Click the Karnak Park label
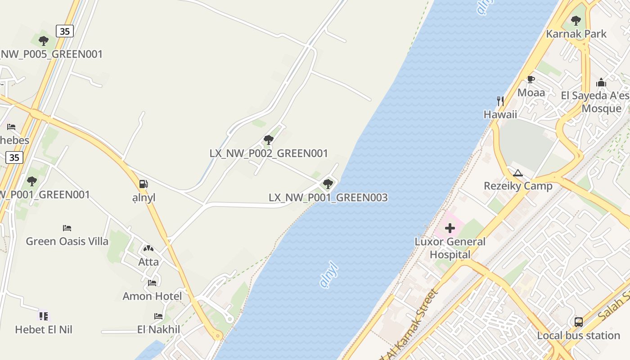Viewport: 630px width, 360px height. tap(576, 34)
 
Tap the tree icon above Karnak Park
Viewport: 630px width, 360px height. tap(576, 21)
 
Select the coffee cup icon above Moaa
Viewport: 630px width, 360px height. tap(531, 80)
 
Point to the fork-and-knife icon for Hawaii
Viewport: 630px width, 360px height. tap(500, 101)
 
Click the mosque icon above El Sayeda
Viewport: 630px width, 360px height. tap(601, 83)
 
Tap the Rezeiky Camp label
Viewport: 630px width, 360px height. tap(518, 186)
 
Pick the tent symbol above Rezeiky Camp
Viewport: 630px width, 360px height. tap(518, 173)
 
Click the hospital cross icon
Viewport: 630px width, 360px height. tap(450, 229)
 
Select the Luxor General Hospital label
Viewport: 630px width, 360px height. tap(450, 248)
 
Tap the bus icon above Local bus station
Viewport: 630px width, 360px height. tap(579, 322)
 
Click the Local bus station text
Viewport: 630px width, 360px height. tap(579, 335)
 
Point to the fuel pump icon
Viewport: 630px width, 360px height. tap(144, 184)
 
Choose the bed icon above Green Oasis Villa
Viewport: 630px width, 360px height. tap(67, 228)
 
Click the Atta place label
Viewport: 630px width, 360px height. tap(148, 261)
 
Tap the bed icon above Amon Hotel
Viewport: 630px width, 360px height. tap(152, 283)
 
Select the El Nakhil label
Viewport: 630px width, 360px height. tap(158, 329)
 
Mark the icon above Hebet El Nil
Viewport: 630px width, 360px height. tap(43, 316)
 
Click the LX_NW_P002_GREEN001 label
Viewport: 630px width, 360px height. tap(269, 153)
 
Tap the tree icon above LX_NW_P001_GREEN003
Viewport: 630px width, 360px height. tap(328, 184)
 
